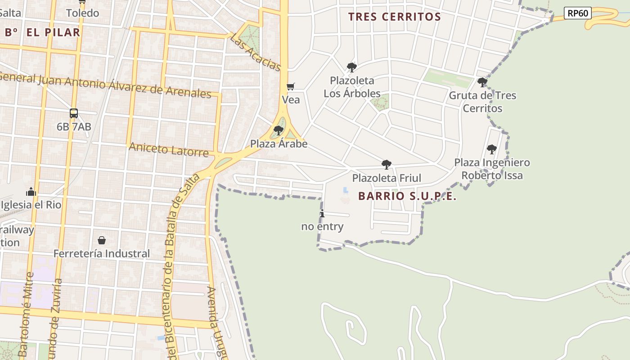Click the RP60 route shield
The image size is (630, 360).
point(577,13)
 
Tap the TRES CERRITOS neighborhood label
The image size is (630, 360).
point(394,17)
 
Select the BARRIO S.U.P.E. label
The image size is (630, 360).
point(407,196)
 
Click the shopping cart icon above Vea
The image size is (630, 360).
point(291,86)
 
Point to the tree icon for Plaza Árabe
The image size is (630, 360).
point(279,130)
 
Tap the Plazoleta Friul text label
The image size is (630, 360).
point(387,178)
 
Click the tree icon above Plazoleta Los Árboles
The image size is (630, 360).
point(351,67)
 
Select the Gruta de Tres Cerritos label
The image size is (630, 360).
point(482,102)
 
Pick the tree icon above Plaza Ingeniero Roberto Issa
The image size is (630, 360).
point(491,149)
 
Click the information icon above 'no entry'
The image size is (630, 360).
point(322,213)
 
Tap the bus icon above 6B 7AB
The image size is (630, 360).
point(74,113)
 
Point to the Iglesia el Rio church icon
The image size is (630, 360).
point(31,192)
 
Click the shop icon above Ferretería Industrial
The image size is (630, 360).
point(102,240)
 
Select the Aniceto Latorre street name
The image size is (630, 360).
point(169,149)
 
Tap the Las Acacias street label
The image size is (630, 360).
point(256,52)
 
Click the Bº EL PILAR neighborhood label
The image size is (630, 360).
point(42,32)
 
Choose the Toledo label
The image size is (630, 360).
point(82,13)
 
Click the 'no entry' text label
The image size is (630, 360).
point(322,226)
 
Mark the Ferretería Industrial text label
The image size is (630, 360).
point(102,253)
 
